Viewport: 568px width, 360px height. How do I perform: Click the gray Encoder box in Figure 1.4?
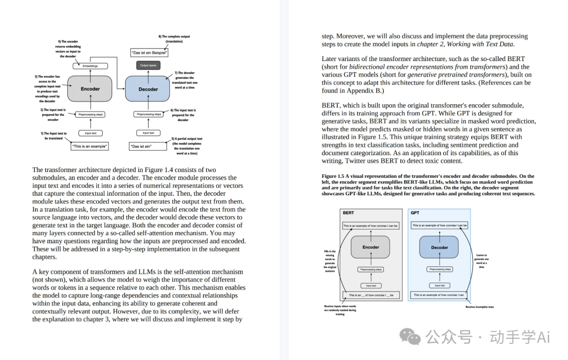coord(90,89)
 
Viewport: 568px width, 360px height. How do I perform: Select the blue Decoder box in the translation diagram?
coord(148,89)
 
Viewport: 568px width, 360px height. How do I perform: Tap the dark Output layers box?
coord(148,66)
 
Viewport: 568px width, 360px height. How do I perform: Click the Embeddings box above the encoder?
coord(90,66)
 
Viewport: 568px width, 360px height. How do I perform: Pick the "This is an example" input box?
coord(89,146)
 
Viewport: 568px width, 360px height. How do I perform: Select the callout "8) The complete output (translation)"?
coord(174,39)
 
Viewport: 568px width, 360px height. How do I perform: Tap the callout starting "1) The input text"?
coord(55,136)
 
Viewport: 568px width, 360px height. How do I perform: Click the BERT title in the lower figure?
coord(348,213)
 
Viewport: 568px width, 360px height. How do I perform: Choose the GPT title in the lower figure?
coord(415,213)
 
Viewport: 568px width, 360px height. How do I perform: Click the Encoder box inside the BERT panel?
coord(371,247)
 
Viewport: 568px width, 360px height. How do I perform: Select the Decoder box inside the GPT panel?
coord(440,247)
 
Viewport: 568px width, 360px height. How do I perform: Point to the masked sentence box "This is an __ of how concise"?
coord(371,295)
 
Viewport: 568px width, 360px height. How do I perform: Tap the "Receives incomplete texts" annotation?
coord(479,307)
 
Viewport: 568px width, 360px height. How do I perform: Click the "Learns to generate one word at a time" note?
coord(481,261)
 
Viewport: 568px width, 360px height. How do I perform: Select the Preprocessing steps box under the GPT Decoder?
coord(440,269)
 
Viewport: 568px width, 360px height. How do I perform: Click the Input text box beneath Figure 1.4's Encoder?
coord(90,133)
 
